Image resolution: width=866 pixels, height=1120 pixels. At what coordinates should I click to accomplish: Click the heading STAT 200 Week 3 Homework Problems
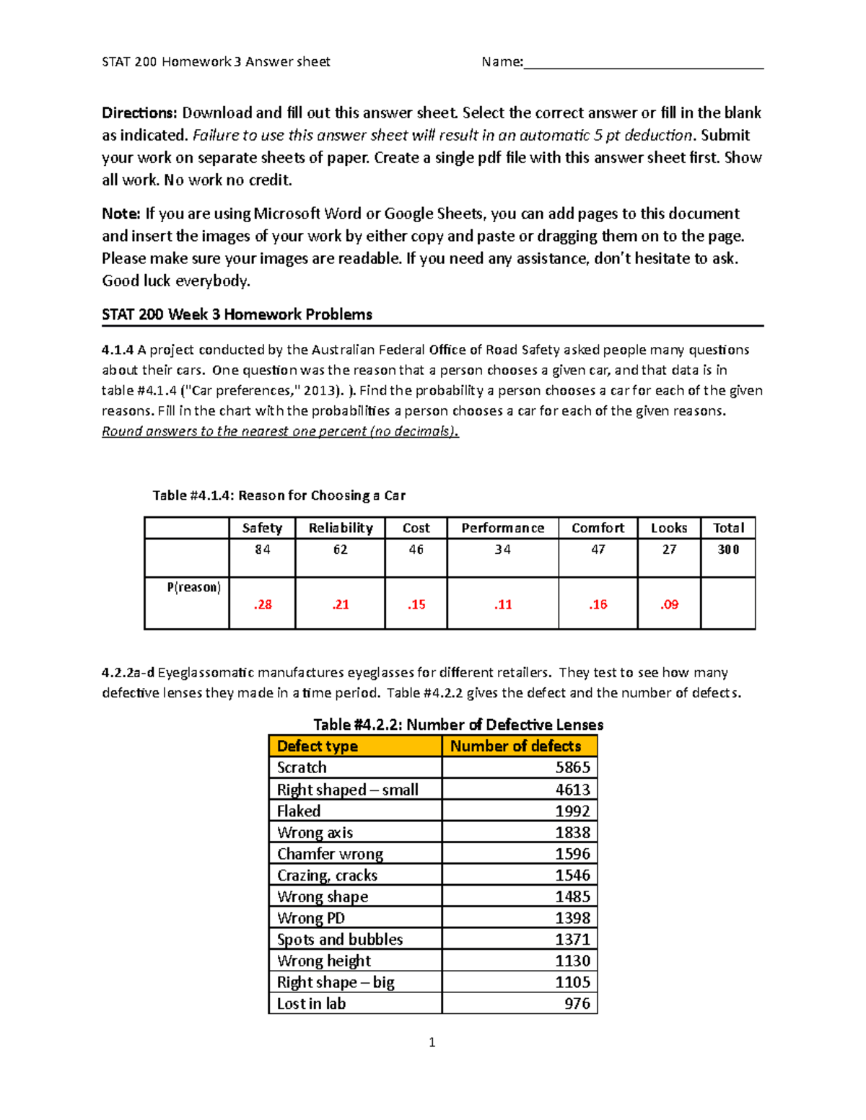(237, 314)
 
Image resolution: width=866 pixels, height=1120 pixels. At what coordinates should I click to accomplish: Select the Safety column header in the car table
(262, 528)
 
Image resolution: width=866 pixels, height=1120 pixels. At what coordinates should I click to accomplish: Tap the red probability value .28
(263, 604)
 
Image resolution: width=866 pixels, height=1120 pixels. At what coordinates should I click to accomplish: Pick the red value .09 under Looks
(669, 604)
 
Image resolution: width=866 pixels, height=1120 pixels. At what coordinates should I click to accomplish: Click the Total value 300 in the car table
(727, 550)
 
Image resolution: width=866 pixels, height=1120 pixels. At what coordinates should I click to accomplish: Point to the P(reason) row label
(193, 587)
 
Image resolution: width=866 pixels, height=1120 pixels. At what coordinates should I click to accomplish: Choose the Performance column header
(502, 528)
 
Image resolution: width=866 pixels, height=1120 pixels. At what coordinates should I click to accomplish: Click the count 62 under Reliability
(340, 550)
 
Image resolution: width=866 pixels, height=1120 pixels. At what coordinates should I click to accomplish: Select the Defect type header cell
(318, 746)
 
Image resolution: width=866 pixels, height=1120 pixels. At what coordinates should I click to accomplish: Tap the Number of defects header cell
(515, 746)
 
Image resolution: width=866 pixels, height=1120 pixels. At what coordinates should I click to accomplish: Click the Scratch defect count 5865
(572, 767)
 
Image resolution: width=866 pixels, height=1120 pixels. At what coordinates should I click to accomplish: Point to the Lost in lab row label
(311, 1003)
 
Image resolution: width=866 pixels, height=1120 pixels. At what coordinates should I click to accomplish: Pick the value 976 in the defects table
(577, 1003)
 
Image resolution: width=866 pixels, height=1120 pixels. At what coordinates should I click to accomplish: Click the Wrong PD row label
(311, 918)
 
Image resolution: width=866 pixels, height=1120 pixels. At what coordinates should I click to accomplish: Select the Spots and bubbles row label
(340, 939)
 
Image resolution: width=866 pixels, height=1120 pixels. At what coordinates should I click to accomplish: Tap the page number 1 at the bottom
(432, 1042)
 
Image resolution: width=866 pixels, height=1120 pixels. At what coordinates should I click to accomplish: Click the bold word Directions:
(139, 113)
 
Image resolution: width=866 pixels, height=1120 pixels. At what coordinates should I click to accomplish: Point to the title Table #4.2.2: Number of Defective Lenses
(458, 725)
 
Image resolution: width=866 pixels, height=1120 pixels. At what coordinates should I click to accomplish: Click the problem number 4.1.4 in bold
(118, 350)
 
